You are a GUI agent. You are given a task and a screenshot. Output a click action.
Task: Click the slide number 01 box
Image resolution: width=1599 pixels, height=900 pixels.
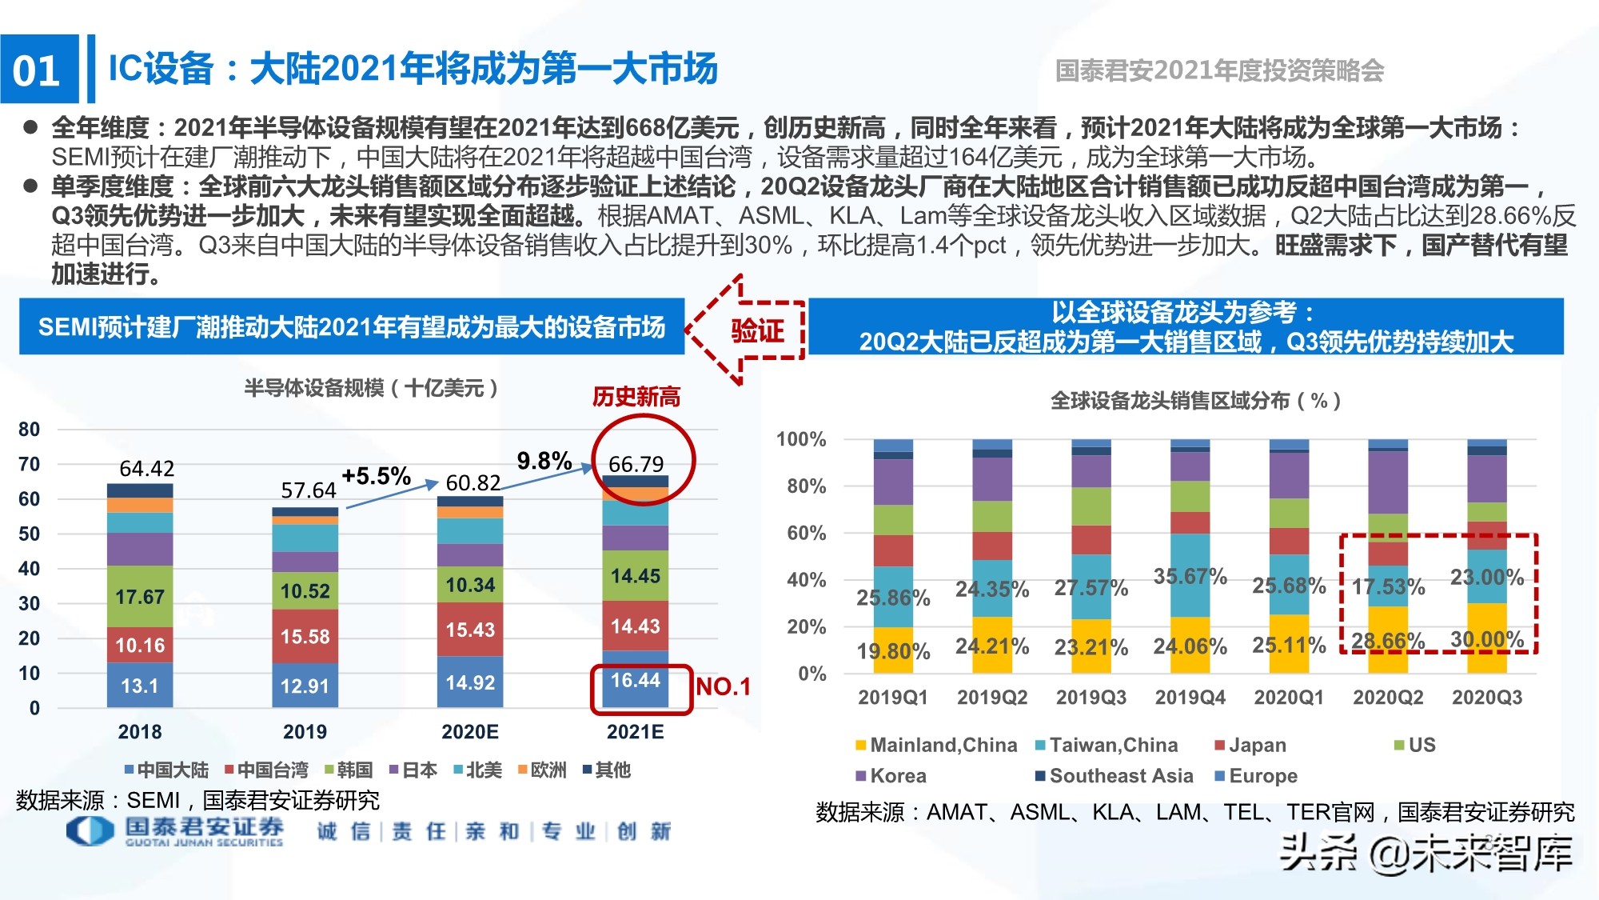click(38, 70)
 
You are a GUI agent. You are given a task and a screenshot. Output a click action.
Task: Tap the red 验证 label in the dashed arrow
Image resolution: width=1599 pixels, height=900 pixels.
click(756, 330)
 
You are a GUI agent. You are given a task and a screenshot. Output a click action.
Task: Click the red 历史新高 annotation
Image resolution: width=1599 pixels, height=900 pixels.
click(636, 397)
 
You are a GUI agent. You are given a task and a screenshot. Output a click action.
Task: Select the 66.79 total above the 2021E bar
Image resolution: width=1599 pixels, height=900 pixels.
click(636, 464)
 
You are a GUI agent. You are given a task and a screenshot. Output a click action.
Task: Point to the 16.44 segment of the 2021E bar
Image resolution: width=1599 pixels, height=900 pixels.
click(636, 681)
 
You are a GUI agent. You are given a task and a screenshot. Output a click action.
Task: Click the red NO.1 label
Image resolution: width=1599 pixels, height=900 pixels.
click(723, 686)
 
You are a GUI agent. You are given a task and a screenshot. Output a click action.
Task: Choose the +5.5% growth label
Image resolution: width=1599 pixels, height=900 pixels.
click(376, 477)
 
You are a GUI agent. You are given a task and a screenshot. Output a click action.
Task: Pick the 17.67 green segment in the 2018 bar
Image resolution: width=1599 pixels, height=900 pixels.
click(140, 597)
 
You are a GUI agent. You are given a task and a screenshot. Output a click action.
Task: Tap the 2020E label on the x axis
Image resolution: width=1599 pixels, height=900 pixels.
click(470, 732)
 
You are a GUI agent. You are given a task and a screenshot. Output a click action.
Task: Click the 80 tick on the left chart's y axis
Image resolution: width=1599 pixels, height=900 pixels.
click(29, 430)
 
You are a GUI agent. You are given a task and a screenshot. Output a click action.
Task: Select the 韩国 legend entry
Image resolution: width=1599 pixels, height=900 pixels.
click(349, 770)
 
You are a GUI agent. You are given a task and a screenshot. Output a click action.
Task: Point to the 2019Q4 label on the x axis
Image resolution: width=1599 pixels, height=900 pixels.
click(1190, 698)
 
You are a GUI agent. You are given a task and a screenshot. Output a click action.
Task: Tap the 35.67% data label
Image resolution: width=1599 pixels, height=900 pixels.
click(1190, 577)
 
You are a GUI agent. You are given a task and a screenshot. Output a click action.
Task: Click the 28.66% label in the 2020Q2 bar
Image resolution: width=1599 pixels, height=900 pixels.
click(1388, 641)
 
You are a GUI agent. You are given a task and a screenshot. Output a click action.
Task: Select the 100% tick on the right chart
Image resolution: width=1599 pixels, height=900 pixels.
click(800, 439)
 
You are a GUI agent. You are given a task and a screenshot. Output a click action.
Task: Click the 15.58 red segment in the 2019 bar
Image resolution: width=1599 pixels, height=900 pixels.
click(305, 637)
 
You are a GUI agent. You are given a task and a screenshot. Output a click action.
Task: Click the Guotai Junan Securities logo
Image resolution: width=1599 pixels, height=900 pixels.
click(175, 831)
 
